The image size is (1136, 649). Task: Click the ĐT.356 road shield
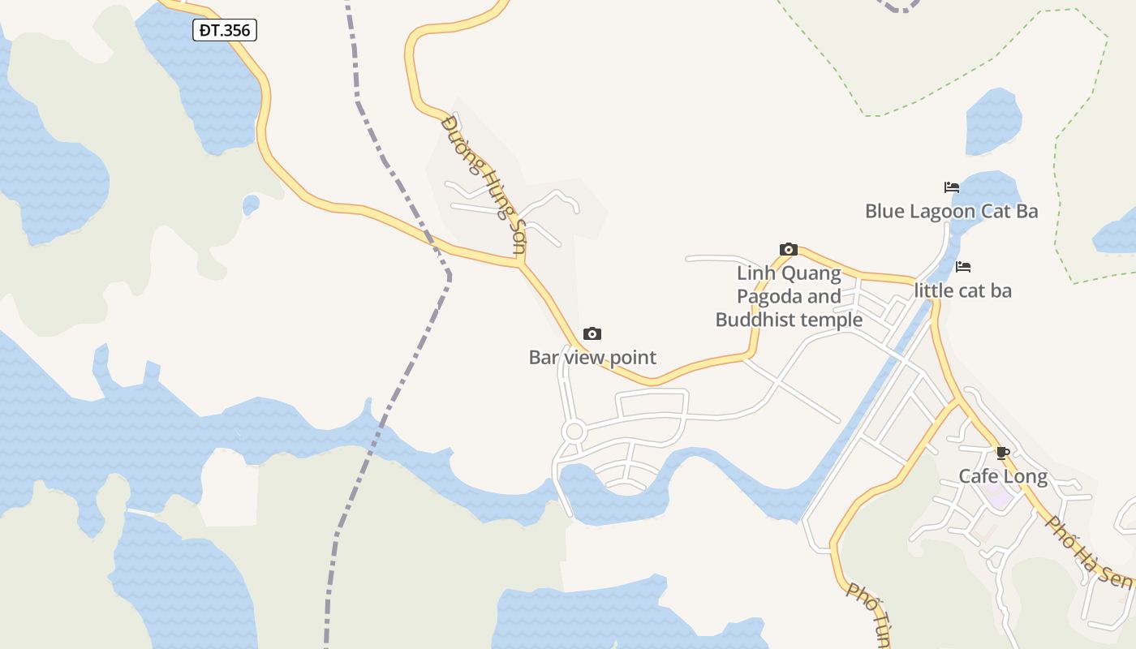pos(225,31)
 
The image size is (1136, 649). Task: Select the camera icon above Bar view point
pos(592,333)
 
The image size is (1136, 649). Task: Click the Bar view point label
pos(592,357)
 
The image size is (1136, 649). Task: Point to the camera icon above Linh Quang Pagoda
pos(788,249)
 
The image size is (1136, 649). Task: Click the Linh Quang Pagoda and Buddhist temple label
pos(789,296)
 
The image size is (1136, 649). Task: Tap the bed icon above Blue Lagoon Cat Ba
pos(952,187)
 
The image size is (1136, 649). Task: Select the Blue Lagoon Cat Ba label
pos(951,212)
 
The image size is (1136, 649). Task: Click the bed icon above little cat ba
pos(963,266)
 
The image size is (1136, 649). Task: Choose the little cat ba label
pos(963,290)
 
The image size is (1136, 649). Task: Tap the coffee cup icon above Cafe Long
pos(1003,453)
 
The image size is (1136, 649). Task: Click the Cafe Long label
pos(1003,476)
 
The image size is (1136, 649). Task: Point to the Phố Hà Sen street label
pos(1087,552)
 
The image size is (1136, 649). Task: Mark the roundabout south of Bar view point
pos(574,431)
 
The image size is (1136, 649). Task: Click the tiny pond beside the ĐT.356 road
pos(251,204)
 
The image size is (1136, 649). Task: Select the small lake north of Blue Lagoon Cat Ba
pos(993,121)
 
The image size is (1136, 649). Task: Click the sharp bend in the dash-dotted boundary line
pos(449,276)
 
